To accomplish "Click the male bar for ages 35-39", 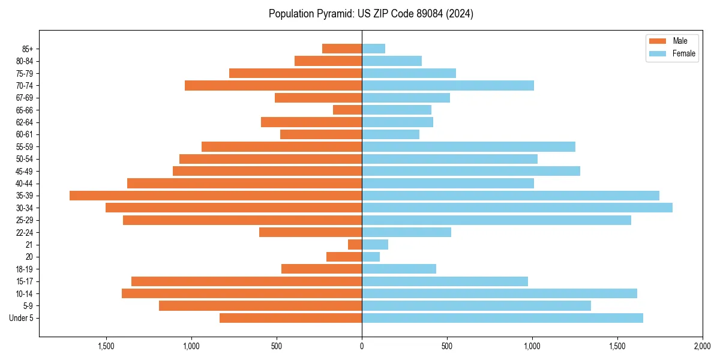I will [x=216, y=196].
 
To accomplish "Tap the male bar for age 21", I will [x=355, y=245].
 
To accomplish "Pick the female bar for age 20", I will [x=371, y=257].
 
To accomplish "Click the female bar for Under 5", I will [x=502, y=318].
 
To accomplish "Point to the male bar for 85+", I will [x=342, y=49].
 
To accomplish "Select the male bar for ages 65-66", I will [x=347, y=110].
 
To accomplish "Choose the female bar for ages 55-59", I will [x=469, y=146].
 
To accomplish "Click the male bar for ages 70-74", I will [x=273, y=85].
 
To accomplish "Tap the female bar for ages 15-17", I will [x=445, y=281].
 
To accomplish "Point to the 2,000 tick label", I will [x=702, y=346].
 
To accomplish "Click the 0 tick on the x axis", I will [x=362, y=346].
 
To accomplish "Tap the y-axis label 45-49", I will [x=24, y=171].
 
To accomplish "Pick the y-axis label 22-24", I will [x=24, y=232].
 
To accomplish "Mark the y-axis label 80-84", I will [x=24, y=61].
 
